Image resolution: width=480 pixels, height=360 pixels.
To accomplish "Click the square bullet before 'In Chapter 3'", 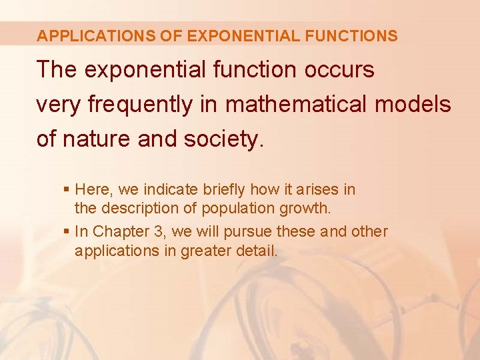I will coord(65,232).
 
